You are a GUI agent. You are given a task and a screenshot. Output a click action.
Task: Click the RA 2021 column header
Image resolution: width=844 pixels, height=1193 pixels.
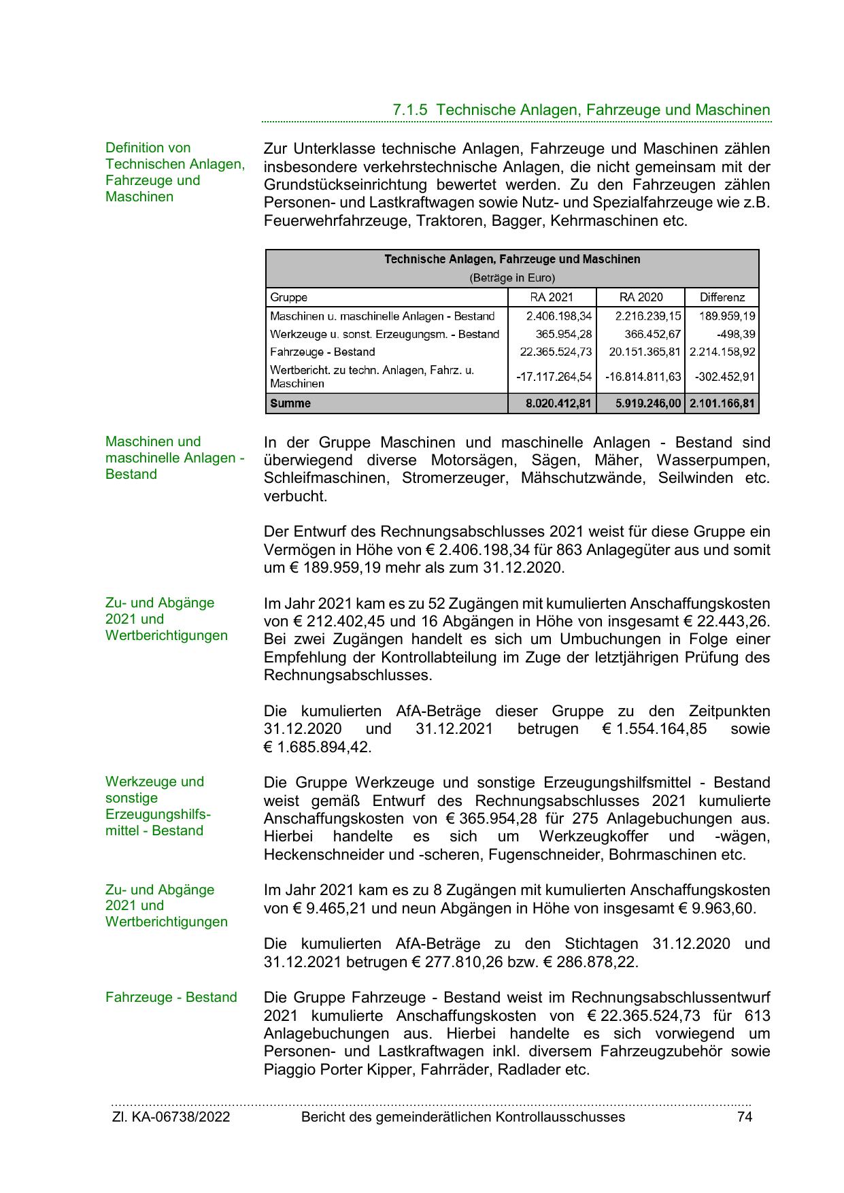click(552, 297)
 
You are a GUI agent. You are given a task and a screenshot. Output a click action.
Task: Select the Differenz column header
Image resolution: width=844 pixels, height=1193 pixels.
click(722, 297)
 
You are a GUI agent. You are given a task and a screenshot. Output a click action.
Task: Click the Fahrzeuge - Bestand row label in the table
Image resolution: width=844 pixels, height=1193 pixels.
click(322, 352)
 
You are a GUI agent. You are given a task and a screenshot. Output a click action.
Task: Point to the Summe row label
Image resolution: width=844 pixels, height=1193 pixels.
click(290, 403)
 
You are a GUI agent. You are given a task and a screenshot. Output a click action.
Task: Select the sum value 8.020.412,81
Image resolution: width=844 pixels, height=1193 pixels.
click(558, 403)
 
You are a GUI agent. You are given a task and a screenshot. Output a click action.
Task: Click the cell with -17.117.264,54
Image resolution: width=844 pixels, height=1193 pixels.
click(554, 377)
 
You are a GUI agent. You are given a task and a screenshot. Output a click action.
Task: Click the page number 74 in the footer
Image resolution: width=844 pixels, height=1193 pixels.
click(744, 1117)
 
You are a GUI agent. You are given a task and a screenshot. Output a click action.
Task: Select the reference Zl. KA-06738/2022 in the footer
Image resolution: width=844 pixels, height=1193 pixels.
click(171, 1117)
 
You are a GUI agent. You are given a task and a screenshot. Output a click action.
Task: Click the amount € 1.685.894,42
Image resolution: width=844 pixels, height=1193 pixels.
click(318, 747)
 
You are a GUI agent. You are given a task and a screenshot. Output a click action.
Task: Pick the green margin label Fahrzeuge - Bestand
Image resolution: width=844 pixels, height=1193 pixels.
click(171, 998)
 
